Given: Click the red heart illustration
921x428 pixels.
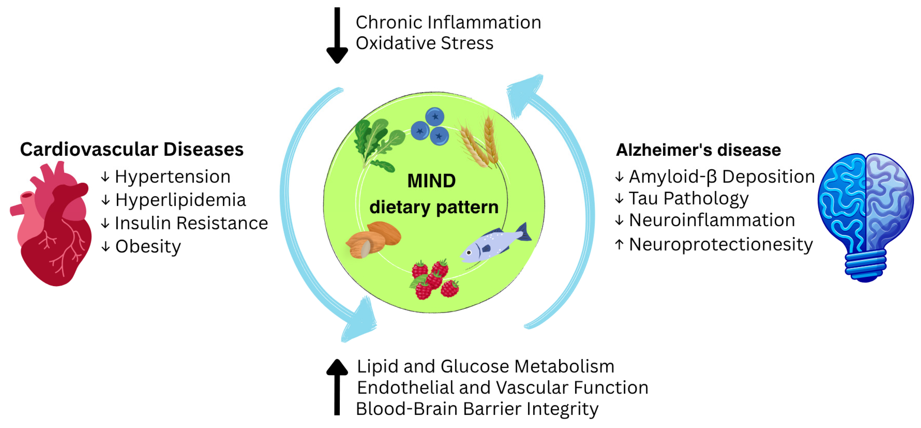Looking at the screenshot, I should [54, 229].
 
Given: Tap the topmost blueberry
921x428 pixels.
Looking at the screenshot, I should [435, 116].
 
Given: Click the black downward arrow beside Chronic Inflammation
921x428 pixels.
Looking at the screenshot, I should [337, 36].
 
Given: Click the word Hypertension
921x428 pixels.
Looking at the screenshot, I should [172, 177].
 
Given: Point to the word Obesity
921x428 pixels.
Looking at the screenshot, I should [148, 247].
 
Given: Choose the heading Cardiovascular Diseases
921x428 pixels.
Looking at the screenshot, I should [132, 149].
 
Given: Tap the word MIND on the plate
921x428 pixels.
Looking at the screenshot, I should [431, 181].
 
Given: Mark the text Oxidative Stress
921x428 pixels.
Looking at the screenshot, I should [424, 43].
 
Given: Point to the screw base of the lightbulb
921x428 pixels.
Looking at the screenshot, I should [865, 264].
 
